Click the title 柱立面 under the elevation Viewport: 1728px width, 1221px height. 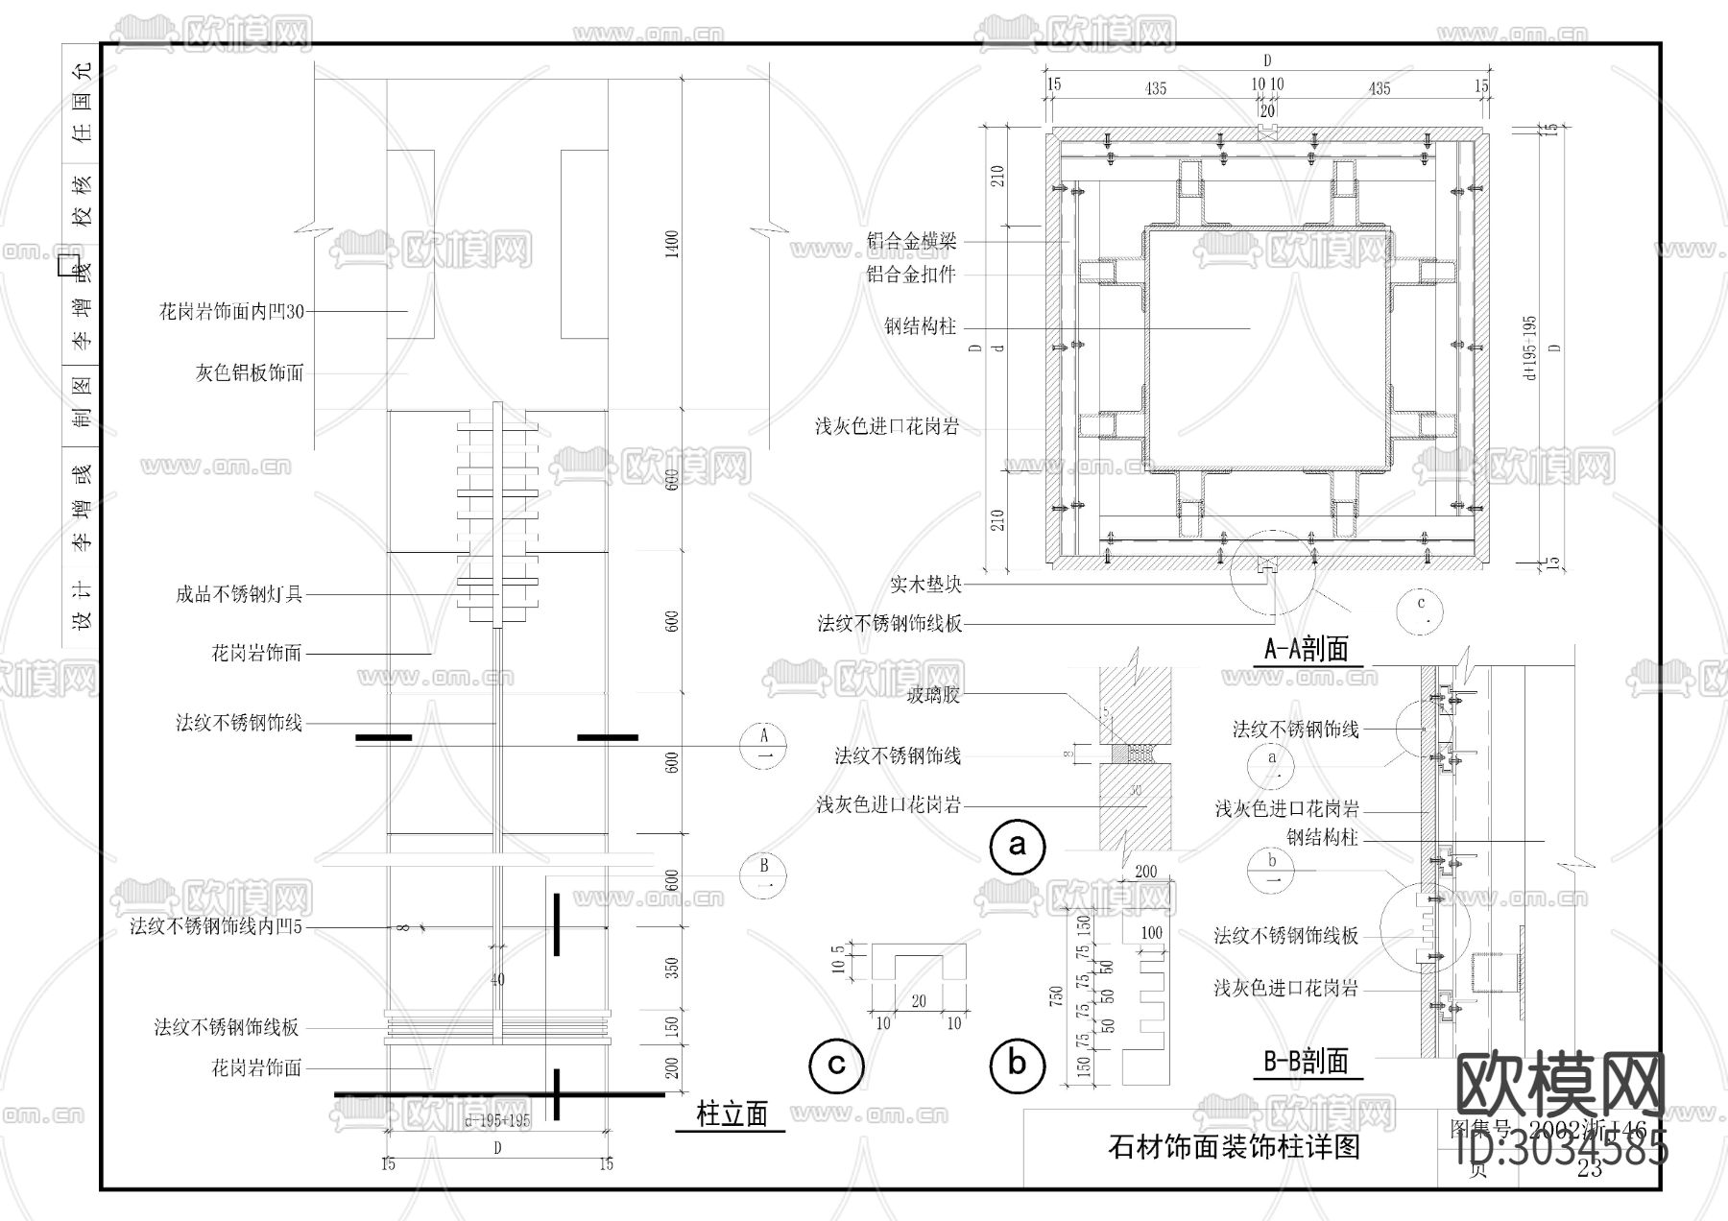(732, 1114)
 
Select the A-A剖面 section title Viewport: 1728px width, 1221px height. (1306, 650)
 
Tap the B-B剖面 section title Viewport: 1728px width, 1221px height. (1306, 1061)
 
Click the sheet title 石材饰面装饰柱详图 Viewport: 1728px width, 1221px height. (1234, 1147)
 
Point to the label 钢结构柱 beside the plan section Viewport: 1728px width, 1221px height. (920, 326)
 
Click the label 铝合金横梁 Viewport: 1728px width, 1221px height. (912, 243)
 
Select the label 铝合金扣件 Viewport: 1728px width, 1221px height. (912, 275)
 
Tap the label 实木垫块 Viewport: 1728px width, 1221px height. (925, 584)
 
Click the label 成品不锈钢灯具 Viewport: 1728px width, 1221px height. (238, 594)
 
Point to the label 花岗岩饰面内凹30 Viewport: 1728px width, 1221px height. (231, 311)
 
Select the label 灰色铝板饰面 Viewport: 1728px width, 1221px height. (250, 372)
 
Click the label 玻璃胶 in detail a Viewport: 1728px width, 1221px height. (933, 695)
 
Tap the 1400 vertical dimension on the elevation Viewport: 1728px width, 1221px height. (672, 244)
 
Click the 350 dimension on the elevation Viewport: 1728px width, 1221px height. (672, 968)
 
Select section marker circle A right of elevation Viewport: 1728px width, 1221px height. (765, 745)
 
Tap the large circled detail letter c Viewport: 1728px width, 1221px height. (836, 1065)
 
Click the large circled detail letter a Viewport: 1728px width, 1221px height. (1017, 846)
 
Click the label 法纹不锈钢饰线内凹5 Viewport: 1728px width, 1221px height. (216, 927)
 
